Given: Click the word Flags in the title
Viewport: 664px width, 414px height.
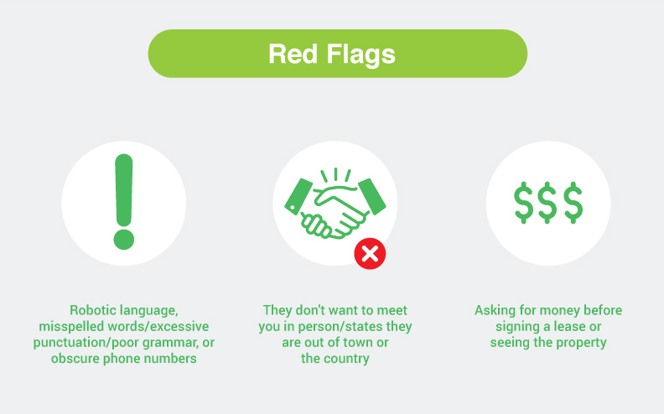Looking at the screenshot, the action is [x=361, y=55].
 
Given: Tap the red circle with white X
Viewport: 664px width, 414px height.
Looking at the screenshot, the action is [x=370, y=254].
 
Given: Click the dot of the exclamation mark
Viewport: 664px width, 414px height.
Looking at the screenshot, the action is [x=123, y=240].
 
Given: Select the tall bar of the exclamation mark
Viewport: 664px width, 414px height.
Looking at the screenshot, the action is [x=123, y=190].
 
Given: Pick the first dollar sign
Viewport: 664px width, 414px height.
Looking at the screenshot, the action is [x=523, y=202].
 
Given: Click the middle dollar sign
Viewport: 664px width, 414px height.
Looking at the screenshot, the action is [x=547, y=202].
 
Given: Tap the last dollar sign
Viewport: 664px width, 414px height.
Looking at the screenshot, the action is [x=573, y=202].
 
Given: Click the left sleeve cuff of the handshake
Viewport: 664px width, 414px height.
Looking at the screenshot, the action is [x=298, y=196].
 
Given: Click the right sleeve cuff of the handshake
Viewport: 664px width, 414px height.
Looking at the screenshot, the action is [x=371, y=196].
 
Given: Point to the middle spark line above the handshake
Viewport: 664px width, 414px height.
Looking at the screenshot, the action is [x=336, y=174].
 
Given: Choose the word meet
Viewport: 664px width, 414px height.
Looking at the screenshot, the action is [x=392, y=310].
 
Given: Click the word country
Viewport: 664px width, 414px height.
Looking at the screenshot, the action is [x=346, y=359].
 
